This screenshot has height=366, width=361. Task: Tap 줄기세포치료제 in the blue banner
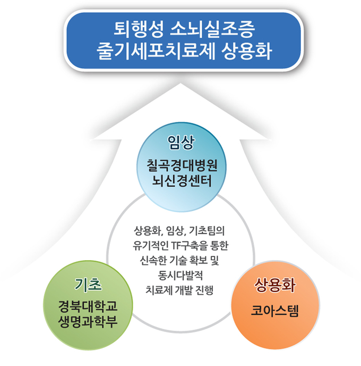pos(156,51)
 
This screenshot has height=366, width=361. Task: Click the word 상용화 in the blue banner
pos(247,51)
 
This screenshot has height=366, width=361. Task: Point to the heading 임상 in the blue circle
pos(180,142)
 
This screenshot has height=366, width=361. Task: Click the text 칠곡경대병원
pos(182,165)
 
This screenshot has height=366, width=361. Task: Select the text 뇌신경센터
pos(182,181)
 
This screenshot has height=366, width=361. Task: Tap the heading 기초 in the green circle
pos(88,284)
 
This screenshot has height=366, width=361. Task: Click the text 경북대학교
pos(88,306)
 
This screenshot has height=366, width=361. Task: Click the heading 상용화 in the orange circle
pos(275,285)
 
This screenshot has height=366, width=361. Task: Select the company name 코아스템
pos(275,311)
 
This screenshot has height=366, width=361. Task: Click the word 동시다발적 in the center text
pos(180,275)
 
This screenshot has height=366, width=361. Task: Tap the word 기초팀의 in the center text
pos(207,231)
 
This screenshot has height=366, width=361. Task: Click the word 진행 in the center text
pos(204,290)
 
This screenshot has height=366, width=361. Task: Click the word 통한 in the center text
pos(219,246)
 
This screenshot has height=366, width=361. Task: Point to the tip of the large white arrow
pos(180,84)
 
